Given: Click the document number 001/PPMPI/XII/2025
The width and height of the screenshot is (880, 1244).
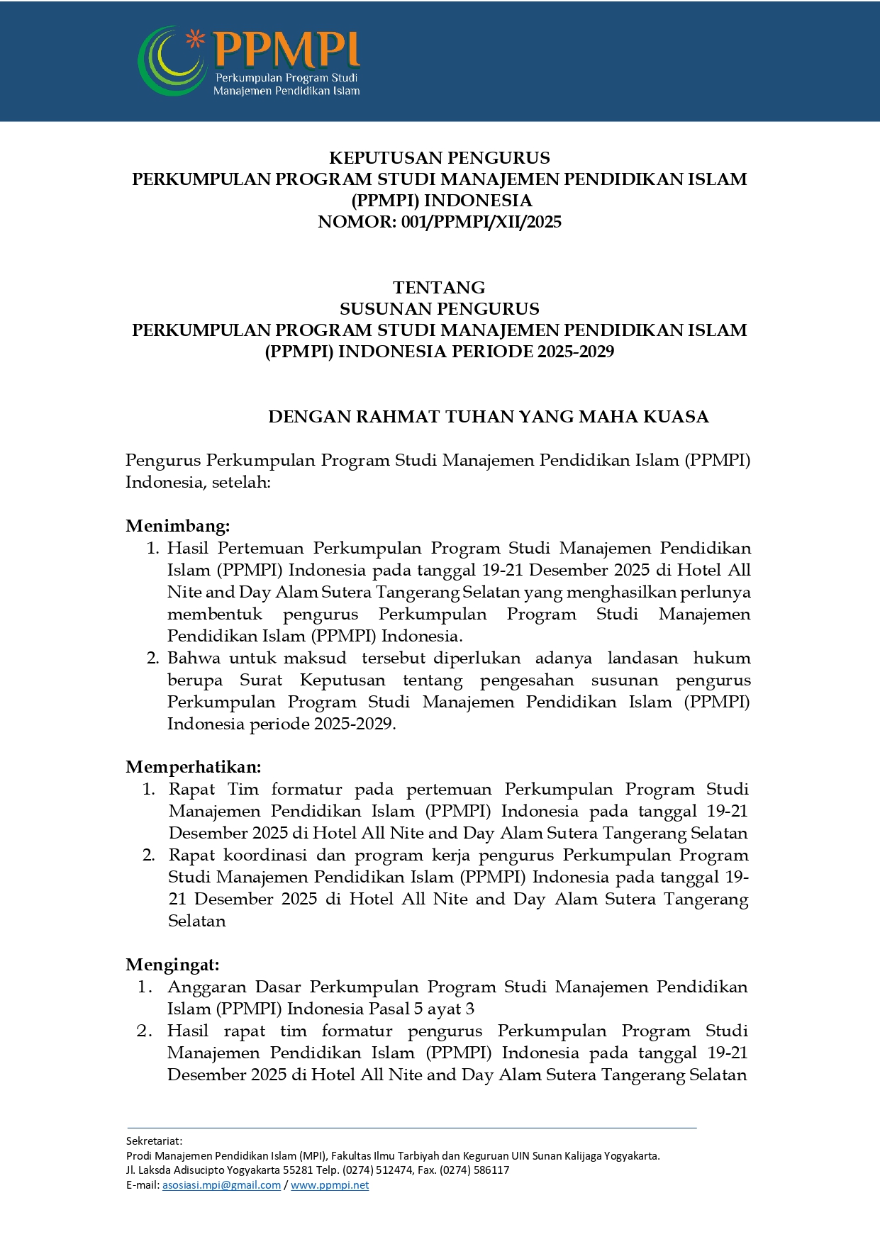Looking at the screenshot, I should point(481,223).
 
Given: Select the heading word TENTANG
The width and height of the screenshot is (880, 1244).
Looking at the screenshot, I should point(439,288).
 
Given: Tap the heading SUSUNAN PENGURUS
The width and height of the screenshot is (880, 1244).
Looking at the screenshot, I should point(439,309).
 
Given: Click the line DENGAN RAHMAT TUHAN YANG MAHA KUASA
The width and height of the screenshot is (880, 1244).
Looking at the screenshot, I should point(488,417).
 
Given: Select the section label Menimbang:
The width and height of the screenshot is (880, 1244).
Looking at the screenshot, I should point(177,526).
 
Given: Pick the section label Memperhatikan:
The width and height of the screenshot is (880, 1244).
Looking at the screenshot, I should point(193,767).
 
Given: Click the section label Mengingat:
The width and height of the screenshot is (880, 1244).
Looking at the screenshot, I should point(172,965).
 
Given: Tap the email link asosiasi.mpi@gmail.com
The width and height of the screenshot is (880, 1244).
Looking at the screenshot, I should point(221,1185).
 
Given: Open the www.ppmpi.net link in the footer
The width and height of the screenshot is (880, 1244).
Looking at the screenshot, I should point(330,1185).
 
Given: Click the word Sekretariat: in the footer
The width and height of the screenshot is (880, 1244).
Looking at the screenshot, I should point(154,1141).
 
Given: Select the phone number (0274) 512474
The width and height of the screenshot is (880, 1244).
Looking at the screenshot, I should point(377,1170).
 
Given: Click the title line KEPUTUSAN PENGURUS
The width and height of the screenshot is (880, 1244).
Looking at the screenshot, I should point(439,158).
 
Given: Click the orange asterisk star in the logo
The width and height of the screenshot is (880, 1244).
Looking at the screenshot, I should point(195,39).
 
